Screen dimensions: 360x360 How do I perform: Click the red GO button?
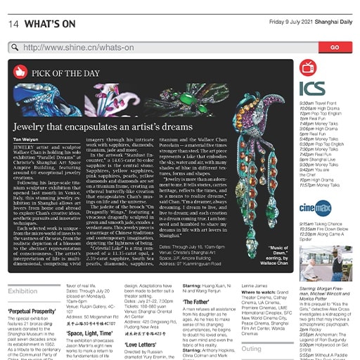point(334,47)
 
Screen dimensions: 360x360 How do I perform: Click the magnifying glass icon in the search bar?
point(15,48)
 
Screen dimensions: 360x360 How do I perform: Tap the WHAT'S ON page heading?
point(50,24)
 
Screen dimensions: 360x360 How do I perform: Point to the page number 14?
point(13,24)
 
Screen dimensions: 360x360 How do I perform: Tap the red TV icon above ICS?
point(307,67)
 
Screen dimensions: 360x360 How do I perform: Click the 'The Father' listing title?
point(198,301)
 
